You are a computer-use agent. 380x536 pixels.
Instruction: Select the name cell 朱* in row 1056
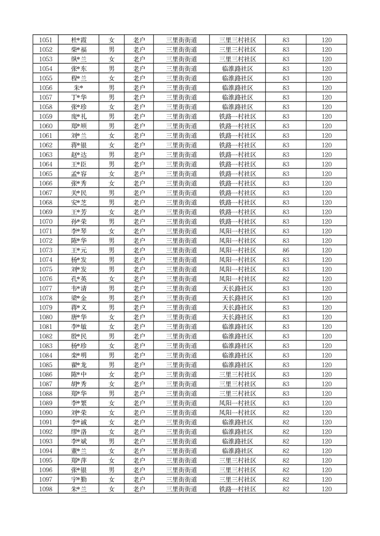78,88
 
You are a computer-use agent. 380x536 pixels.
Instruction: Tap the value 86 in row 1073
286,250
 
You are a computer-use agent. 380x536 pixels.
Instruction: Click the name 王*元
78,250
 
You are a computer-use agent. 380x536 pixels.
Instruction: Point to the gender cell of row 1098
112,489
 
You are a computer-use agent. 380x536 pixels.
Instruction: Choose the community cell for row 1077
237,289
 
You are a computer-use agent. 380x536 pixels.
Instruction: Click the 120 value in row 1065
326,174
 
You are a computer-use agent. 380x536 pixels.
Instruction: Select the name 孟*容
78,174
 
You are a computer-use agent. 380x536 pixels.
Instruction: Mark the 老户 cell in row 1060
139,126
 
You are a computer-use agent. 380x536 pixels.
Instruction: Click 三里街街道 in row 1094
182,451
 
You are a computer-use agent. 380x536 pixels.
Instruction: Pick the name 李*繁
78,403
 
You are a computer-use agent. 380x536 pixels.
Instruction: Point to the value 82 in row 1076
286,279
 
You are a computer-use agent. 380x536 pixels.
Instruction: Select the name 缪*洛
78,432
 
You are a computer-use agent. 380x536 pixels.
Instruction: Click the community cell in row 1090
237,413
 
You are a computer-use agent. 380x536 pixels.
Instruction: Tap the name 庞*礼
78,117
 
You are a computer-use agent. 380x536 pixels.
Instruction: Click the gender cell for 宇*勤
112,480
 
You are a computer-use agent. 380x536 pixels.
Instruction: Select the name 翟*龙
78,365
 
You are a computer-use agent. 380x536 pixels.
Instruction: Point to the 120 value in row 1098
326,489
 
